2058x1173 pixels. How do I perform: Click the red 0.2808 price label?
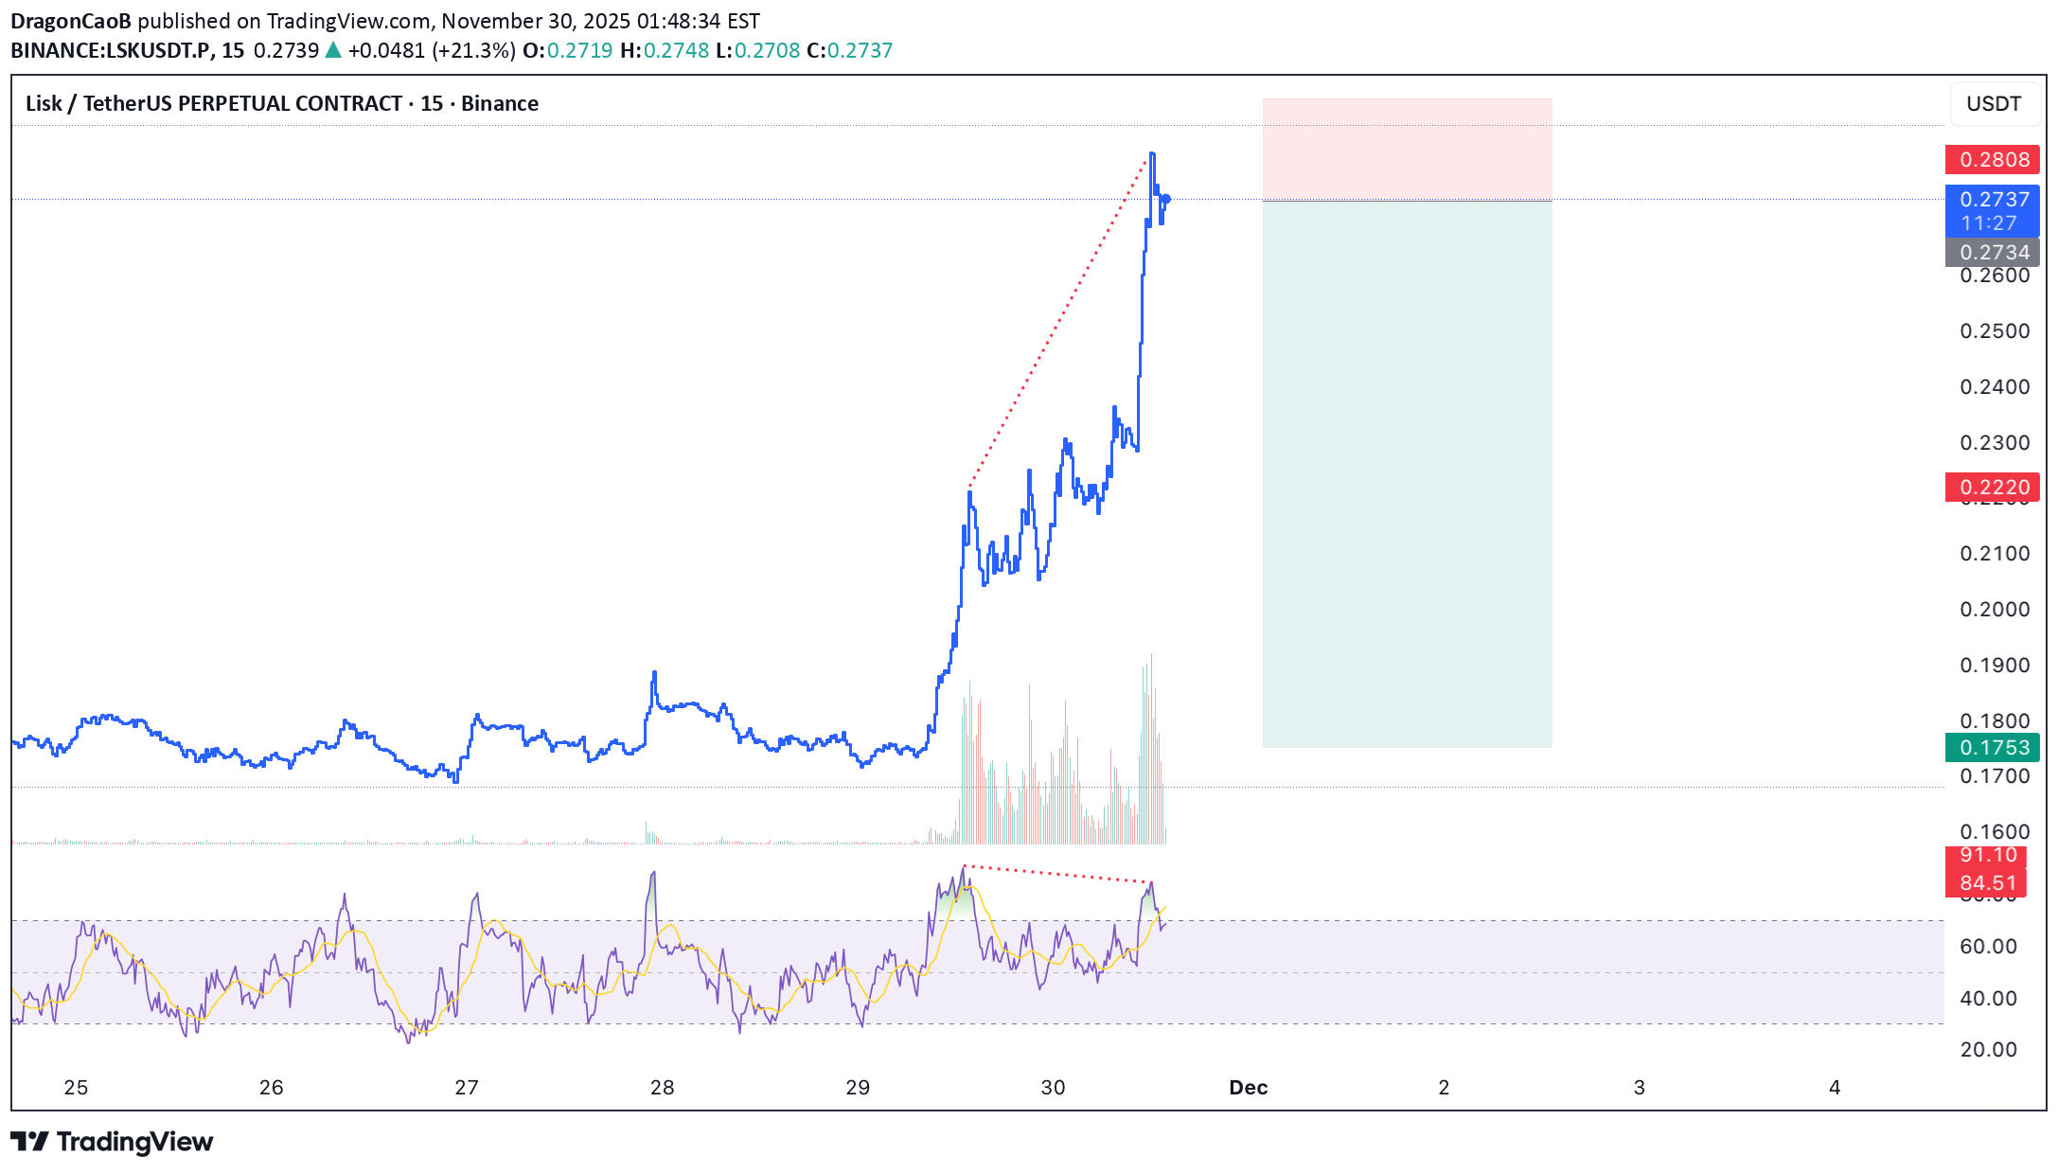click(1993, 160)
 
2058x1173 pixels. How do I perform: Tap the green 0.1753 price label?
click(1993, 748)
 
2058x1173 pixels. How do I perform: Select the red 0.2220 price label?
click(1993, 488)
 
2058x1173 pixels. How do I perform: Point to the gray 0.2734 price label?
click(1993, 253)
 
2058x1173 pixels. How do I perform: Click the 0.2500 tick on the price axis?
click(1995, 331)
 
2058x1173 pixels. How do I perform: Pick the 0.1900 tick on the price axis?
click(1995, 666)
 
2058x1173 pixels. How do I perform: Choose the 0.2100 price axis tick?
click(1995, 554)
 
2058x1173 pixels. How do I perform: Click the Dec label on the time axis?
click(1248, 1088)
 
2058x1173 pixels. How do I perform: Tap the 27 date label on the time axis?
click(467, 1088)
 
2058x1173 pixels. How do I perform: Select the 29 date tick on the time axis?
click(858, 1088)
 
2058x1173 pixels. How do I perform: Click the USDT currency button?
click(1994, 104)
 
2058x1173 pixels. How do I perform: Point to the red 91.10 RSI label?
click(1987, 856)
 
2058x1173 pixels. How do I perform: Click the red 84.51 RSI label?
click(1987, 883)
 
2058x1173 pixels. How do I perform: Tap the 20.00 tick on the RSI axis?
click(1988, 1050)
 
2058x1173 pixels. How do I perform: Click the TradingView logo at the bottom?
click(112, 1142)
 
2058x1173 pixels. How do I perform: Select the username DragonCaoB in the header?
click(71, 21)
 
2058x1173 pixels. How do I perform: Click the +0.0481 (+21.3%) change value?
click(431, 51)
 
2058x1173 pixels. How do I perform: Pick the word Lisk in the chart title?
click(44, 104)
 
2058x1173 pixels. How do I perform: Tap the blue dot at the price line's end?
click(1166, 199)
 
